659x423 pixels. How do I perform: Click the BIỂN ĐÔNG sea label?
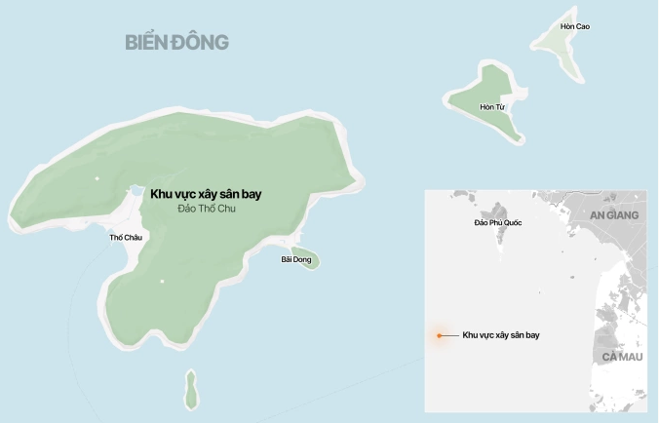point(176,42)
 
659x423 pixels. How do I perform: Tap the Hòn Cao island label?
point(575,26)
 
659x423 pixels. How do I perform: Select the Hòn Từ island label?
point(491,106)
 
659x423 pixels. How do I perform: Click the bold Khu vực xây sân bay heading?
point(206,194)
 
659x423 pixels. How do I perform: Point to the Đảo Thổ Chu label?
point(207,209)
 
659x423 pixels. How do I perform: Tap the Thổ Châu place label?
point(125,237)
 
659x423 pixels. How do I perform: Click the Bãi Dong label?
point(295,259)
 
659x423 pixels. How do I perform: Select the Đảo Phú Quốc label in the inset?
point(497,223)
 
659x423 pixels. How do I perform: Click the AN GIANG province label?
point(614,214)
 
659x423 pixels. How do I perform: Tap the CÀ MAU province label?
point(621,358)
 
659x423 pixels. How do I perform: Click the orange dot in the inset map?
point(440,335)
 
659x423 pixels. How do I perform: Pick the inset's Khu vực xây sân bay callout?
point(501,335)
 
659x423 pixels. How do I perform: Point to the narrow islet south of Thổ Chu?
point(191,391)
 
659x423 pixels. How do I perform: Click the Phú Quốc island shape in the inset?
point(499,211)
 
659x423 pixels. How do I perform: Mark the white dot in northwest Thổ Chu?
point(97,178)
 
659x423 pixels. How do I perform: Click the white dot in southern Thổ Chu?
point(163,282)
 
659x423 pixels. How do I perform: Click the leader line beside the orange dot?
point(451,335)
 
